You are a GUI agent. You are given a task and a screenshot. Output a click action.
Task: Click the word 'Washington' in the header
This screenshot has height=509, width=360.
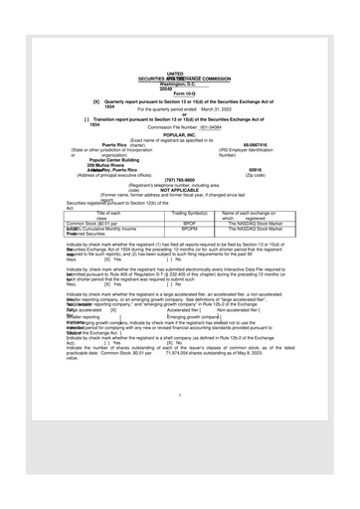click(164, 84)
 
